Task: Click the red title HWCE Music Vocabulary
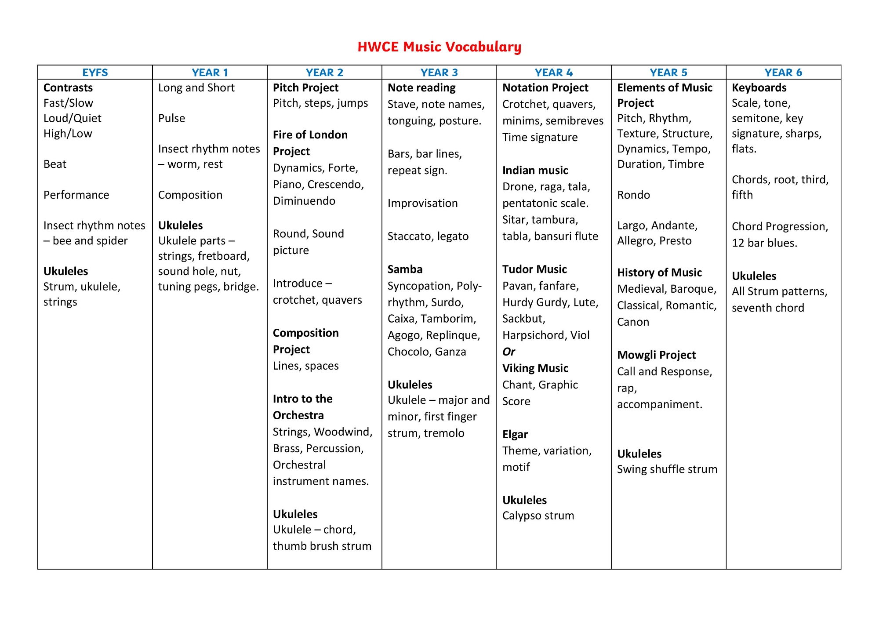click(x=439, y=47)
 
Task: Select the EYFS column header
click(x=95, y=73)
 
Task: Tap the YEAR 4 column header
click(x=554, y=73)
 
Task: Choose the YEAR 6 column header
click(x=783, y=73)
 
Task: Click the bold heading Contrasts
click(x=68, y=88)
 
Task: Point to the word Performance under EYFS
click(x=76, y=195)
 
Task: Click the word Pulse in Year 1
click(x=171, y=118)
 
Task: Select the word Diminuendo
click(x=304, y=201)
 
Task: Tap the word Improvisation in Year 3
click(x=422, y=203)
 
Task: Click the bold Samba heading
click(x=405, y=269)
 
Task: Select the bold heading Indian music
click(x=535, y=170)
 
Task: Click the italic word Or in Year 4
click(x=509, y=352)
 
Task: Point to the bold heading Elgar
click(x=515, y=434)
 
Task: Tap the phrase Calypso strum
click(x=538, y=516)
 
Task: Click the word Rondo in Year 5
click(x=633, y=195)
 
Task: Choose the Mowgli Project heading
click(x=656, y=355)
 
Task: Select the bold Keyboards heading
click(x=759, y=88)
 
